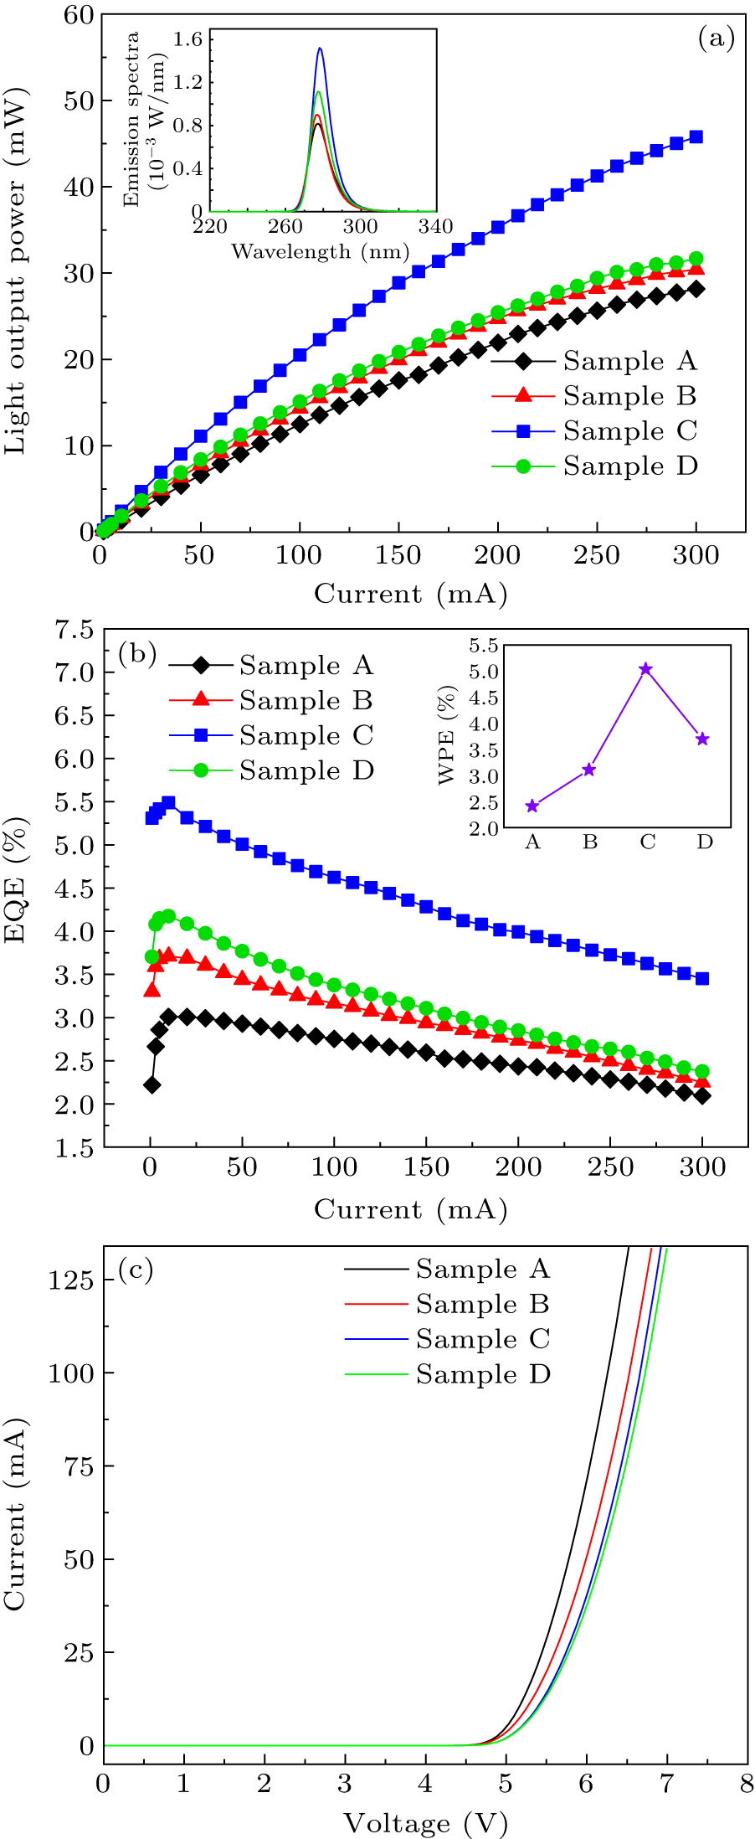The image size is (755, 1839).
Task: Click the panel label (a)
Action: pyautogui.click(x=716, y=38)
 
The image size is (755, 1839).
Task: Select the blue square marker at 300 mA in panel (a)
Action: pyautogui.click(x=696, y=137)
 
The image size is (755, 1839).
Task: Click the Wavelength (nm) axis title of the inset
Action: pyautogui.click(x=321, y=251)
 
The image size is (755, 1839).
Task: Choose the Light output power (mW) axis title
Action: pyautogui.click(x=17, y=273)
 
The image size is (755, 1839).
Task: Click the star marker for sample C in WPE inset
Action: pyautogui.click(x=645, y=668)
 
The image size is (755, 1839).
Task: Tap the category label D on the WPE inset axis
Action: pyautogui.click(x=705, y=842)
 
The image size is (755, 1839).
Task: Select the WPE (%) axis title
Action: pyautogui.click(x=448, y=735)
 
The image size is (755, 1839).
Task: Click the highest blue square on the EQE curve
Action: pyautogui.click(x=168, y=802)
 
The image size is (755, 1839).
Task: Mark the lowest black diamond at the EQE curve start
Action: pyautogui.click(x=152, y=1084)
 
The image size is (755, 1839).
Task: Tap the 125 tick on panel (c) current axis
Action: pyautogui.click(x=70, y=1280)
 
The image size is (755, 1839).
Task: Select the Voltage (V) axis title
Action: pyautogui.click(x=425, y=1822)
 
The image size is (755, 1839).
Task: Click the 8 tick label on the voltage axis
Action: pyautogui.click(x=747, y=1783)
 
